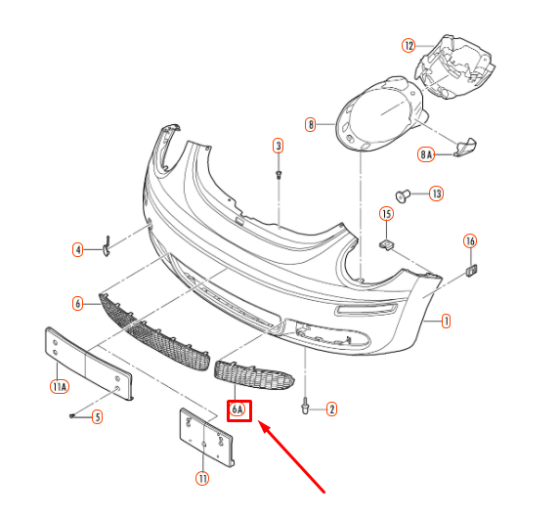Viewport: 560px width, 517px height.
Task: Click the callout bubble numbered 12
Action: point(409,45)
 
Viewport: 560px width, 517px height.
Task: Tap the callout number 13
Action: point(436,194)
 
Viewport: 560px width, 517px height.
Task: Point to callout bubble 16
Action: point(470,240)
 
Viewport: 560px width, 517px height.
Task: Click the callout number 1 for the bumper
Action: point(446,320)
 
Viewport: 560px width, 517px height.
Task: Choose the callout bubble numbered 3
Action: point(279,146)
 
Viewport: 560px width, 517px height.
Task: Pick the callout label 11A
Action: point(59,386)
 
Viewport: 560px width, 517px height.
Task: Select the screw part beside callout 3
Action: point(280,175)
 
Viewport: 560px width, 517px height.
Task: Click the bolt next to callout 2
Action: point(306,405)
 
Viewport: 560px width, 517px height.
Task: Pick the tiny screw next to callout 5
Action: point(73,416)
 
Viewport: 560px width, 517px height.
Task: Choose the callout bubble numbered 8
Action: point(311,124)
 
